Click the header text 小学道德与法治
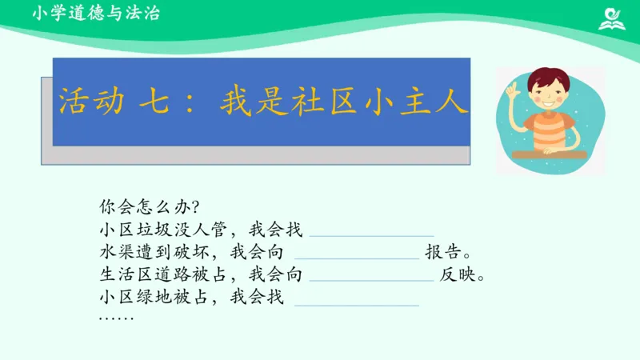coord(96,14)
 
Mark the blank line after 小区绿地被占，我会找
coord(358,305)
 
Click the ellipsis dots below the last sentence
coord(117,318)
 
